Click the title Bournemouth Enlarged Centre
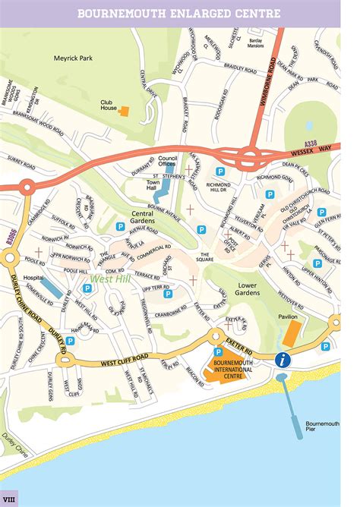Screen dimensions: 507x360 (179, 14)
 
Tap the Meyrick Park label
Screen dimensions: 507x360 (72, 58)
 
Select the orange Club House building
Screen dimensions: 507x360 (125, 111)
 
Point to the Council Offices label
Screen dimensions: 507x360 (167, 161)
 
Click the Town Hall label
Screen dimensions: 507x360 (156, 185)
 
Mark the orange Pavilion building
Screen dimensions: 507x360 (292, 331)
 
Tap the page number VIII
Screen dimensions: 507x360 (9, 499)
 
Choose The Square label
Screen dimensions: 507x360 (205, 257)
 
